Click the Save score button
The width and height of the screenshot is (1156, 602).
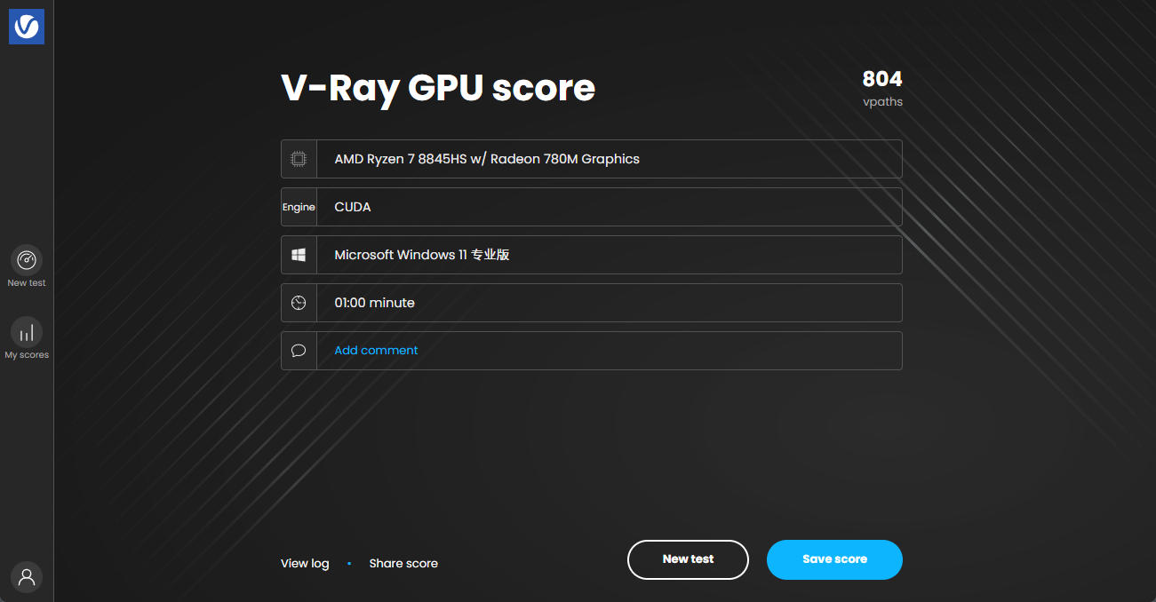pyautogui.click(x=834, y=559)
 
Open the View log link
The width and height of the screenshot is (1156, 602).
pyautogui.click(x=305, y=563)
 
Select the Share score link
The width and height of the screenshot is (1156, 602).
pyautogui.click(x=403, y=563)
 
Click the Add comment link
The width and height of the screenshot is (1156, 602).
pyautogui.click(x=376, y=351)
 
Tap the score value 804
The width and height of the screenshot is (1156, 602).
pyautogui.click(x=882, y=79)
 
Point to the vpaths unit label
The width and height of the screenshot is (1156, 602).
pyautogui.click(x=882, y=102)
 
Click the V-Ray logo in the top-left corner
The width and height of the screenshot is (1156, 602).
pyautogui.click(x=27, y=27)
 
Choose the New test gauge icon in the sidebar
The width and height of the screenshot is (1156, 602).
pyautogui.click(x=27, y=260)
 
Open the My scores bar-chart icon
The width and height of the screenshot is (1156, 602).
pyautogui.click(x=27, y=332)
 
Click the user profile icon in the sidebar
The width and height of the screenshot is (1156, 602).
pyautogui.click(x=27, y=577)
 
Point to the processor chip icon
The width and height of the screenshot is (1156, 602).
pyautogui.click(x=299, y=159)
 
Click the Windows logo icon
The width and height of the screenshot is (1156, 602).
pyautogui.click(x=299, y=255)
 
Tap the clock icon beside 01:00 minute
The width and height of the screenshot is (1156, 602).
pyautogui.click(x=299, y=303)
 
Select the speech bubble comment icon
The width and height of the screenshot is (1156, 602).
pyautogui.click(x=299, y=351)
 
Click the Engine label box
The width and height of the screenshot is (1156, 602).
pyautogui.click(x=299, y=207)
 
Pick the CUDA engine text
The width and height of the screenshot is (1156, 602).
pyautogui.click(x=353, y=207)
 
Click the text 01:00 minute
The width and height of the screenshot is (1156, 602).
pyautogui.click(x=374, y=303)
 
